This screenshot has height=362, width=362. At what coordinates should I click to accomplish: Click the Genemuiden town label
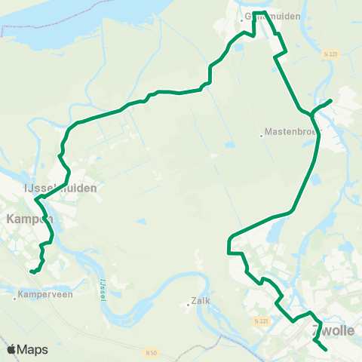(x=272, y=15)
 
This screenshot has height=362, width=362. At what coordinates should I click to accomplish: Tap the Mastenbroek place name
(x=291, y=136)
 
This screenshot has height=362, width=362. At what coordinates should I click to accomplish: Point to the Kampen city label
(x=27, y=219)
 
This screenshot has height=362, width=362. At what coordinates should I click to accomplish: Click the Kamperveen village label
(x=46, y=296)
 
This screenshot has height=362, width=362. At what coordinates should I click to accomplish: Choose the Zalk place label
(x=200, y=300)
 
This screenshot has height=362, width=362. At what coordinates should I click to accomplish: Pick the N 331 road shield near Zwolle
(x=261, y=321)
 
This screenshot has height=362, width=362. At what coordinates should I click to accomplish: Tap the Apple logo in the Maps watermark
(x=11, y=349)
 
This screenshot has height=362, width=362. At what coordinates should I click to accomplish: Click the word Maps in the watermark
(x=32, y=350)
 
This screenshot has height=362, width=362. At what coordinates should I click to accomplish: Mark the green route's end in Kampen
(x=31, y=271)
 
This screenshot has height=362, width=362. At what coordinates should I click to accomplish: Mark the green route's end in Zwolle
(x=326, y=350)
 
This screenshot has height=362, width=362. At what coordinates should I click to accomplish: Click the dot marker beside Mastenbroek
(x=261, y=137)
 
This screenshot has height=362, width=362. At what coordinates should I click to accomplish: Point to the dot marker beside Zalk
(x=188, y=305)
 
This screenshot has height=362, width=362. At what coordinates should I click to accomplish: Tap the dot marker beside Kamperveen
(x=15, y=296)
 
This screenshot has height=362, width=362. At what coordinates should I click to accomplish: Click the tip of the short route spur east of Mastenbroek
(x=332, y=100)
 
